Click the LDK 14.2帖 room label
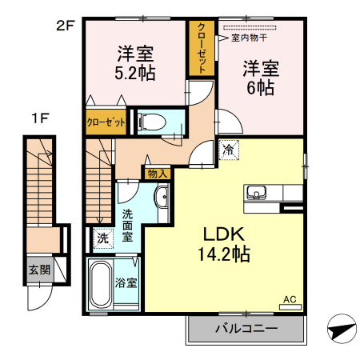click(x=226, y=244)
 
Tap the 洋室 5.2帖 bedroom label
click(x=135, y=63)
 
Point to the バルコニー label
click(x=246, y=329)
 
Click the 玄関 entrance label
click(x=38, y=270)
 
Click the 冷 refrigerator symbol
click(x=229, y=149)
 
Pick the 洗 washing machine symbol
click(x=102, y=238)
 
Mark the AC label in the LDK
click(x=289, y=300)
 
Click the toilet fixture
click(x=151, y=122)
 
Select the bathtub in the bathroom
click(x=102, y=283)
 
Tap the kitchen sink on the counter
click(x=258, y=192)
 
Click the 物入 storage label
click(x=156, y=173)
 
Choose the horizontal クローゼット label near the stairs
click(x=106, y=122)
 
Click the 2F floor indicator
click(x=65, y=25)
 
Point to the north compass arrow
click(x=339, y=328)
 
